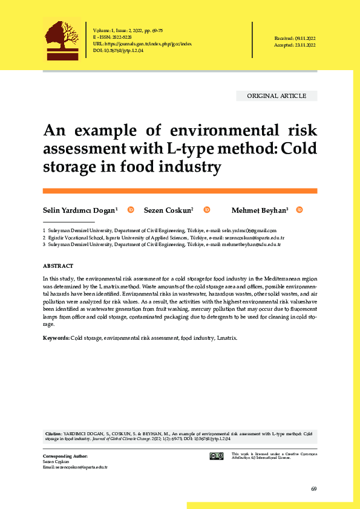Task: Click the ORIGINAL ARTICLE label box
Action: point(277,96)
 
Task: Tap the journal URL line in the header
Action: point(143,44)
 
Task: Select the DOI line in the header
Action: point(119,51)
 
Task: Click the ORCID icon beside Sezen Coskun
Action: point(206,210)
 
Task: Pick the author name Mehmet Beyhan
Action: point(260,210)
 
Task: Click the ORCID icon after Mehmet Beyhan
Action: point(299,210)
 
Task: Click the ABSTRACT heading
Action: point(58,266)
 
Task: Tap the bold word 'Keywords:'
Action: point(56,337)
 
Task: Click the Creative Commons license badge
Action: point(216,456)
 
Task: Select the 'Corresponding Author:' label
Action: point(65,455)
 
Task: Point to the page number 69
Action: point(313,488)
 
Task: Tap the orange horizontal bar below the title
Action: point(180,190)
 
